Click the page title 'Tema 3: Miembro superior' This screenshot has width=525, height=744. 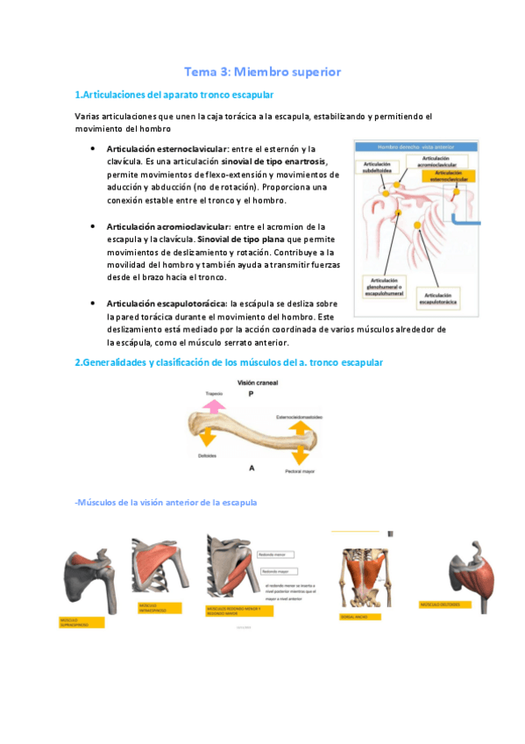tap(262, 71)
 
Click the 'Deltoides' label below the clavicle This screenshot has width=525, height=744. tap(208, 456)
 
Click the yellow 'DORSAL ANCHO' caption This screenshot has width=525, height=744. tap(358, 617)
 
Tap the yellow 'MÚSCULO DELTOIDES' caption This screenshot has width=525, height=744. tap(443, 604)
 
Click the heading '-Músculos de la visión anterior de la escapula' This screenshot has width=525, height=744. tap(166, 503)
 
